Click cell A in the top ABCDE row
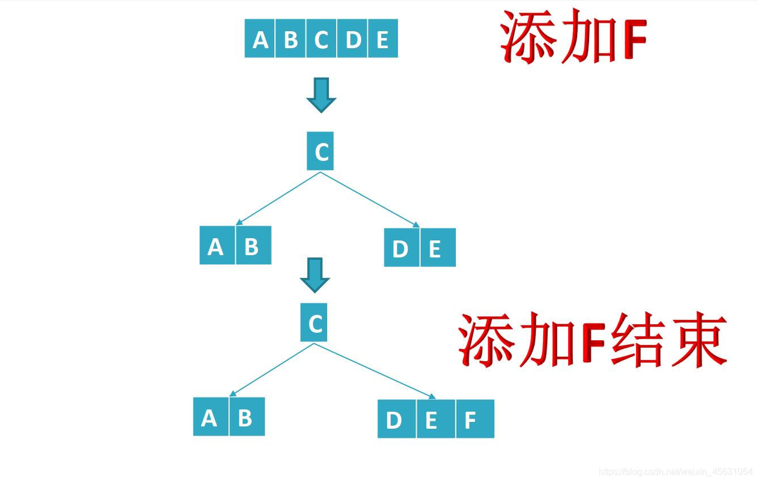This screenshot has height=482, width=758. point(260,39)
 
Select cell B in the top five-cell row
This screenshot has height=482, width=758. point(290,39)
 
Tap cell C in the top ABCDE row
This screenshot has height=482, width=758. point(321,39)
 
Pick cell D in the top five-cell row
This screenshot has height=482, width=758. point(353,39)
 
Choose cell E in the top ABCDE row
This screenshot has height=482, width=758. point(383,39)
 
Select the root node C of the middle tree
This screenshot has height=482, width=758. point(320,151)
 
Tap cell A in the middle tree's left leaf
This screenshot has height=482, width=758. point(217,246)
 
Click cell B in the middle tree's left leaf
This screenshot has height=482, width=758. point(253,246)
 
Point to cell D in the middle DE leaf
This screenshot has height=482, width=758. point(401,248)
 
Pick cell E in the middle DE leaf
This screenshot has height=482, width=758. point(437,248)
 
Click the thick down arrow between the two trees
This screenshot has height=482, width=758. point(315,275)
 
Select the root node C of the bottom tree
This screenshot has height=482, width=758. point(314,323)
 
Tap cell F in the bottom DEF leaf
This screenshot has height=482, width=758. point(475,419)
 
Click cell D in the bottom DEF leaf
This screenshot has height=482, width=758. point(396,419)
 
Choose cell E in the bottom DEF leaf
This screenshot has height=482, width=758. point(435,419)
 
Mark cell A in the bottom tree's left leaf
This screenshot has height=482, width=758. point(211,417)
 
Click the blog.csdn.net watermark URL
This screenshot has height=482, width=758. point(675,472)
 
